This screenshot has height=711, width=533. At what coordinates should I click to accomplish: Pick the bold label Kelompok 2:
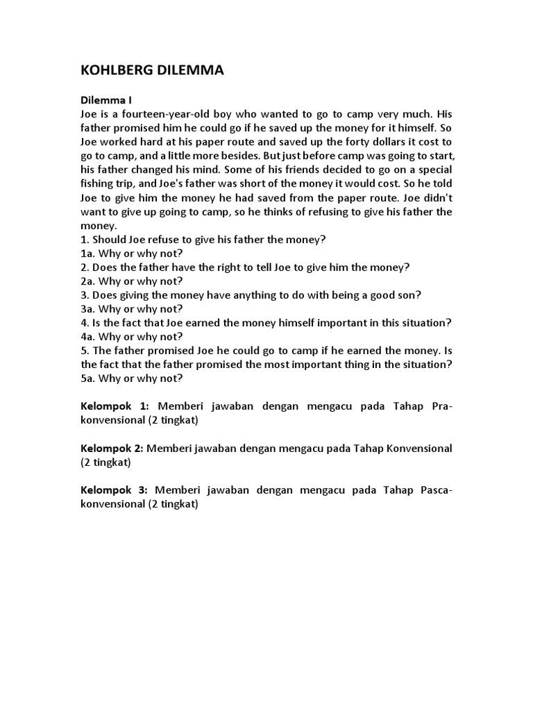(x=112, y=448)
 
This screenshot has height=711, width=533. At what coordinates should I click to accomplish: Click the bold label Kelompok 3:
(x=115, y=490)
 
